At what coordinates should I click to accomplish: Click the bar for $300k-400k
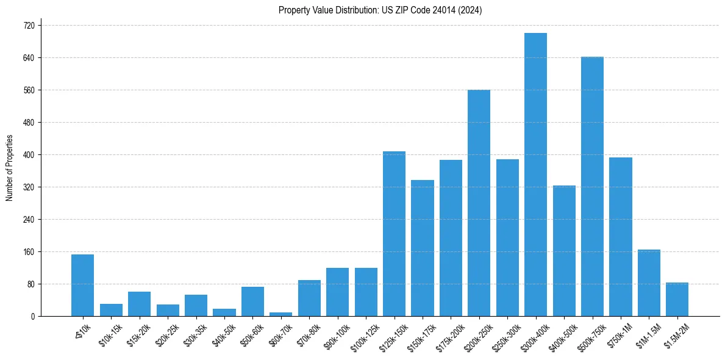[535, 175]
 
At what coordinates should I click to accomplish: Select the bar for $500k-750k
[592, 186]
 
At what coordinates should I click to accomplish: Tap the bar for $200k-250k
[479, 203]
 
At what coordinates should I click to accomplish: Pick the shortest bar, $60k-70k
[280, 314]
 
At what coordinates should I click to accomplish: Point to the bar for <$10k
[82, 285]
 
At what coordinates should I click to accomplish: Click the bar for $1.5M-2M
[677, 299]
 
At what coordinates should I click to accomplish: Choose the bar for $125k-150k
[394, 234]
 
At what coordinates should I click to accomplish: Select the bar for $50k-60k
[252, 301]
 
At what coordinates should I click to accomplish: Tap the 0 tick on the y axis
[33, 317]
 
